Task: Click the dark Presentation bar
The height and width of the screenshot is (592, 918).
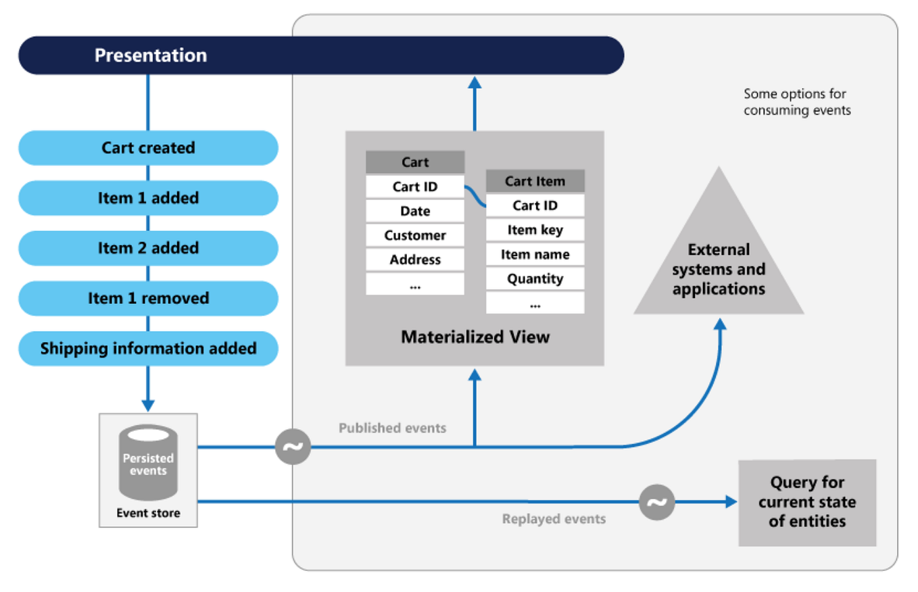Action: point(321,55)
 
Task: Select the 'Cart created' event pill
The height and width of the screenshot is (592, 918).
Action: point(148,148)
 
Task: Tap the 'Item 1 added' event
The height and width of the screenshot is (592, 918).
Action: point(148,198)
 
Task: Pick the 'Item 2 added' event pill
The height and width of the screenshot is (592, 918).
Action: point(148,248)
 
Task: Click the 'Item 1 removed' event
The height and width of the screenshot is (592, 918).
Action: point(148,298)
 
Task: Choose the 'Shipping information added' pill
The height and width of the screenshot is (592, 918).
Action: point(148,349)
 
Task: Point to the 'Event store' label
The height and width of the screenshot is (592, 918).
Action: point(148,513)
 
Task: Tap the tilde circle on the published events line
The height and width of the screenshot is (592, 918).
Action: point(293,447)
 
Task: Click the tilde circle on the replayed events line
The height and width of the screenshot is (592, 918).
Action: point(656,502)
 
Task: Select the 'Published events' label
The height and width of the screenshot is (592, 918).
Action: point(392,428)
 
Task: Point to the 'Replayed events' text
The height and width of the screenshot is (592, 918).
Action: point(554,519)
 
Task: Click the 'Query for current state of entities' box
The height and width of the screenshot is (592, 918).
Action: point(806,502)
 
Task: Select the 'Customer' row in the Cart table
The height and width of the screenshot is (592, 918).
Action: point(415,236)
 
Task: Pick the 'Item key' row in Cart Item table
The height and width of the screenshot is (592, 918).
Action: point(535,230)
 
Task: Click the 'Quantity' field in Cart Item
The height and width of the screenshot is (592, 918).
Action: point(535,279)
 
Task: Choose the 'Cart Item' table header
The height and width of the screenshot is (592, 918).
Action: point(535,181)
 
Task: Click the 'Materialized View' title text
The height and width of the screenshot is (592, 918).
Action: point(475,337)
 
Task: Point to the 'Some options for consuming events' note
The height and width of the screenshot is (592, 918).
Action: point(796,102)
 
